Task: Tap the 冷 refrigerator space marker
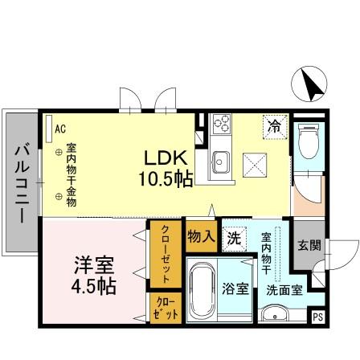pos(275,126)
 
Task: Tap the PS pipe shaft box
pos(318,315)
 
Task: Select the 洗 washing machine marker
pos(233,238)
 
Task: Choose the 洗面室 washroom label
pos(285,291)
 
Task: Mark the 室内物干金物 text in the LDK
pos(71,175)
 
